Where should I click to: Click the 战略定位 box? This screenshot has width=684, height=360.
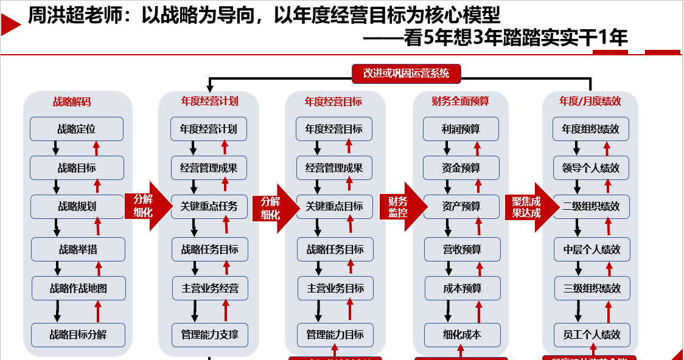click(x=77, y=129)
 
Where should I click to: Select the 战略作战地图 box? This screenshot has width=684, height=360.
click(x=79, y=288)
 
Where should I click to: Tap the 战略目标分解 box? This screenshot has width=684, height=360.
click(x=79, y=334)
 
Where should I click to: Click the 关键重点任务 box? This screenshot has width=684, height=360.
click(x=209, y=206)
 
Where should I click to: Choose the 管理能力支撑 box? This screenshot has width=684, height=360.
click(x=209, y=334)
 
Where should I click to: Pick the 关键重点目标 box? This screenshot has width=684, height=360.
click(x=334, y=206)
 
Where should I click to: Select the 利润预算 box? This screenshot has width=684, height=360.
click(x=461, y=129)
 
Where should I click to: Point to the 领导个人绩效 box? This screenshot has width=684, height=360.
click(x=591, y=168)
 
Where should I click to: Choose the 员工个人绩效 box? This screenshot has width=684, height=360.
click(x=591, y=334)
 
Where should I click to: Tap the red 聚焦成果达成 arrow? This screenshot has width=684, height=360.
click(x=527, y=207)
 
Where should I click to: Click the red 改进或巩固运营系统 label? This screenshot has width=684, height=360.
click(x=406, y=74)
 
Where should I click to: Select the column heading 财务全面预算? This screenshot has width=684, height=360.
click(x=460, y=102)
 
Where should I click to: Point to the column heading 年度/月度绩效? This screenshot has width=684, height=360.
click(x=590, y=102)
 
